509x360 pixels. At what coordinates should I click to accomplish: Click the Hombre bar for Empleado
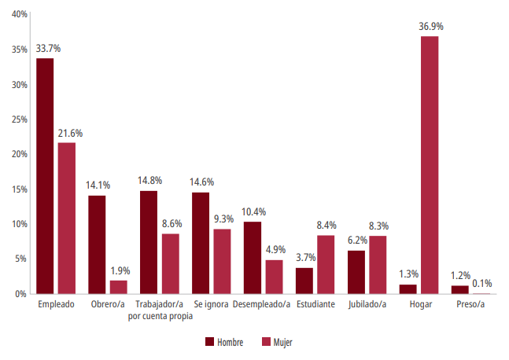pyautogui.click(x=45, y=176)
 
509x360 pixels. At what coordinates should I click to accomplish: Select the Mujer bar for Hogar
pyautogui.click(x=430, y=165)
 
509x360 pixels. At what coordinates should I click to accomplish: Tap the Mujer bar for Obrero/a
pyautogui.click(x=118, y=287)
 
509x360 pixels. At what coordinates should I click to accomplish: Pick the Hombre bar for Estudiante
pyautogui.click(x=304, y=281)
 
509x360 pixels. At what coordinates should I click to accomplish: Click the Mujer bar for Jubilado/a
pyautogui.click(x=378, y=265)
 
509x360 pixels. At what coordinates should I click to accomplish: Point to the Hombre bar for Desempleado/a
pyautogui.click(x=252, y=258)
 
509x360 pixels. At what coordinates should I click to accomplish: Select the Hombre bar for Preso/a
pyautogui.click(x=460, y=289)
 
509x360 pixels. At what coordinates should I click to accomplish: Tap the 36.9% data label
pyautogui.click(x=430, y=27)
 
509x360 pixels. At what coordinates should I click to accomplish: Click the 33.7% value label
pyautogui.click(x=48, y=49)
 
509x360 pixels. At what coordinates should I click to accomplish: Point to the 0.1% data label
pyautogui.click(x=481, y=284)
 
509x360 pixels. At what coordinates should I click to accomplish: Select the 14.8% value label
pyautogui.click(x=149, y=181)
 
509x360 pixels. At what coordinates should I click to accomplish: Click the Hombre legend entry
pyautogui.click(x=224, y=342)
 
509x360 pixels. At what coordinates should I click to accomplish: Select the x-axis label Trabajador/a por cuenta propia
pyautogui.click(x=160, y=310)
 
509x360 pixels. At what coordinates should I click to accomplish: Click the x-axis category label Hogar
pyautogui.click(x=419, y=304)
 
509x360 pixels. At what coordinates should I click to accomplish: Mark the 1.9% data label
pyautogui.click(x=120, y=270)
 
